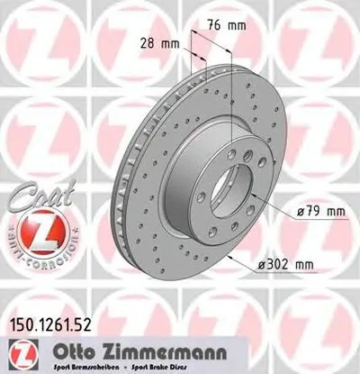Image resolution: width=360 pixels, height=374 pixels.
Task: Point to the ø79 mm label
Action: (319, 213)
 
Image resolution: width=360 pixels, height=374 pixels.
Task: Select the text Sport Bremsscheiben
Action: (143, 363)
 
